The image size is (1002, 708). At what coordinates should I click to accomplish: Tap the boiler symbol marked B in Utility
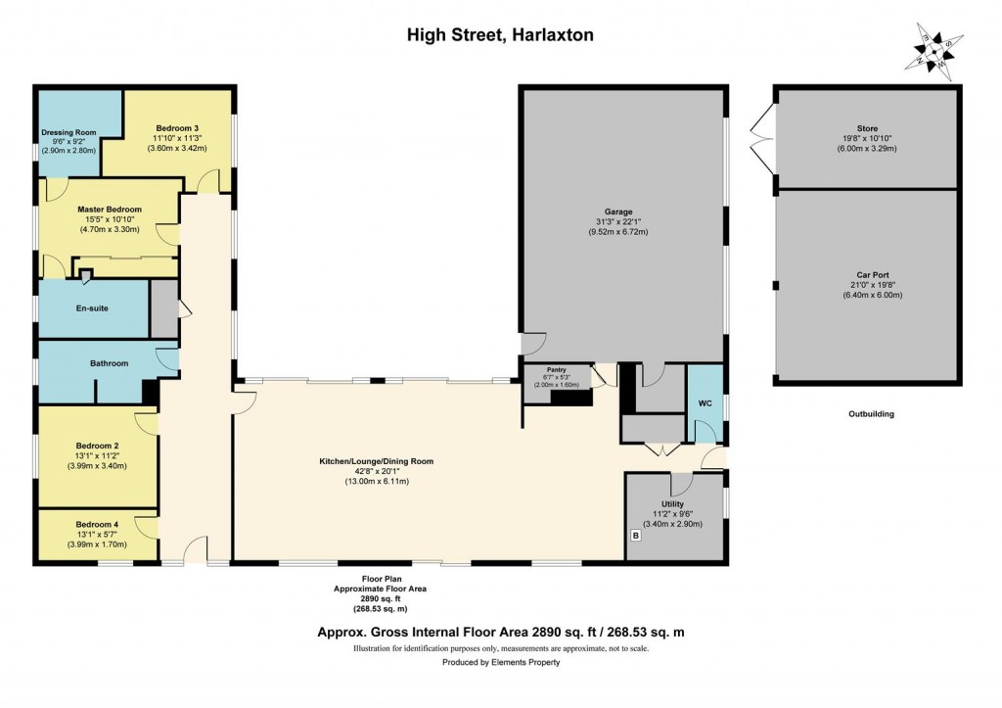click(635, 536)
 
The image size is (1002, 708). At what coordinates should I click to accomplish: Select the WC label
click(705, 403)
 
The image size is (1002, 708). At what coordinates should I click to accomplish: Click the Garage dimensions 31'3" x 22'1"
click(617, 221)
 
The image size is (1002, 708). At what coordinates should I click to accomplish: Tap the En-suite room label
click(91, 308)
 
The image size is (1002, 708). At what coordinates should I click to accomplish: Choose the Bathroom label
click(109, 363)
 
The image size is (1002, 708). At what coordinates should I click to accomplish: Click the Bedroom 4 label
click(97, 523)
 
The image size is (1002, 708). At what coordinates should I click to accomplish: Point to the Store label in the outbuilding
click(868, 128)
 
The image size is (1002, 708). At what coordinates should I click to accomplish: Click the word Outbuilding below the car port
click(870, 414)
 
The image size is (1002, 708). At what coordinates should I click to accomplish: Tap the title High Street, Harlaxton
click(500, 35)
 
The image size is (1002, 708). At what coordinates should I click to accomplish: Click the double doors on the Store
click(761, 137)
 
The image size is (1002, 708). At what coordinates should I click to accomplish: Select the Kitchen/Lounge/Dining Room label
click(376, 460)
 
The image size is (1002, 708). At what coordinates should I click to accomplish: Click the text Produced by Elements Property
click(500, 663)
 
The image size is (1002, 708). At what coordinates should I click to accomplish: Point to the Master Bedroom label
click(110, 210)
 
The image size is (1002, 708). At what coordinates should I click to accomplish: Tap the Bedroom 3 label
click(177, 128)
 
